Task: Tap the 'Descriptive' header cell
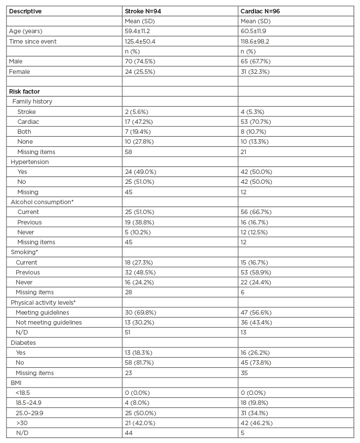25,11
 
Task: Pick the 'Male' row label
16,61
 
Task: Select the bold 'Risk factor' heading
24,92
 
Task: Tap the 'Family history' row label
32,102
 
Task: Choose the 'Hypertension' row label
30,162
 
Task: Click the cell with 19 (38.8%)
140,222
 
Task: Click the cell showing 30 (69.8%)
140,312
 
